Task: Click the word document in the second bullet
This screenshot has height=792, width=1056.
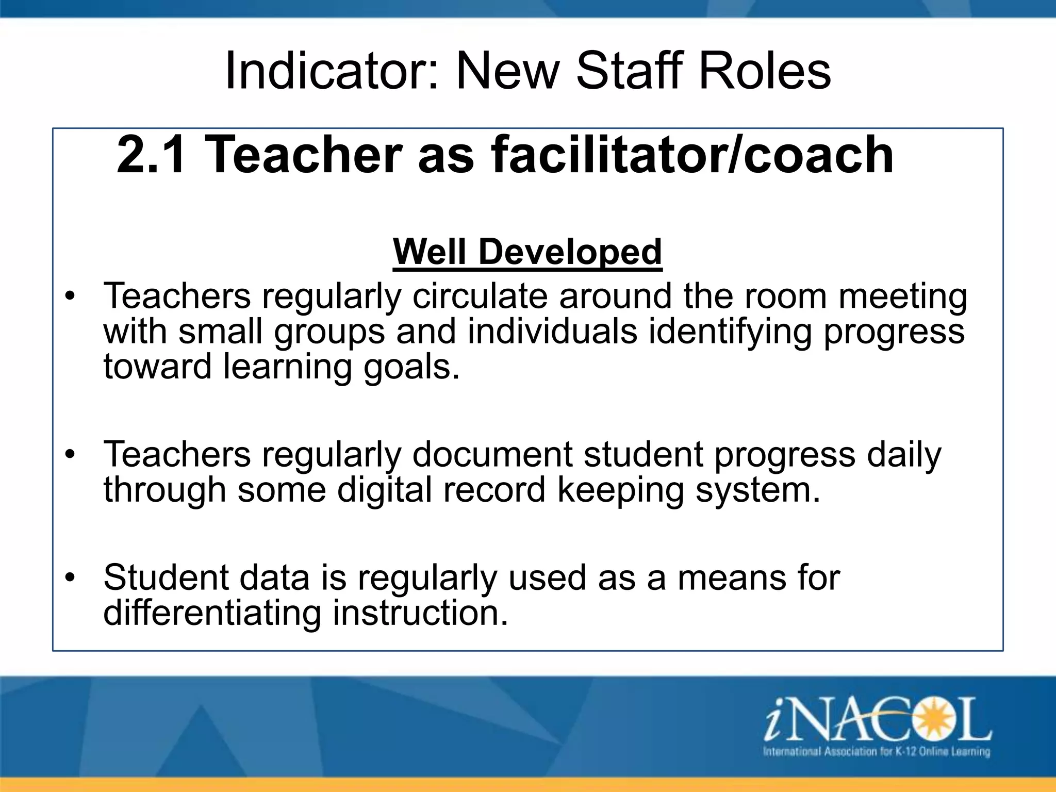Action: [492, 455]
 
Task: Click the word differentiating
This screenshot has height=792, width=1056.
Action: [211, 613]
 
